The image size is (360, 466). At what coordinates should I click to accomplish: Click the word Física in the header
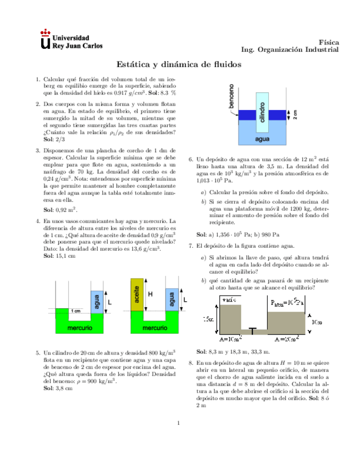[x=329, y=42]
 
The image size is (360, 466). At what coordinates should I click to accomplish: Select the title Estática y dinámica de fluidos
[x=180, y=64]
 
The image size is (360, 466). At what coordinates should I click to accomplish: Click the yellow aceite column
[x=136, y=297]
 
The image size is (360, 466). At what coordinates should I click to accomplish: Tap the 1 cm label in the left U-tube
[x=77, y=311]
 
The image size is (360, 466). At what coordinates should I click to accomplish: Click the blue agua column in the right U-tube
[x=172, y=301]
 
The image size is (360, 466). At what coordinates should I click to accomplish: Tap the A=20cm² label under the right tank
[x=287, y=340]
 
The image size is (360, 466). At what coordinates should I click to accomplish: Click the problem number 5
[x=37, y=353]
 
